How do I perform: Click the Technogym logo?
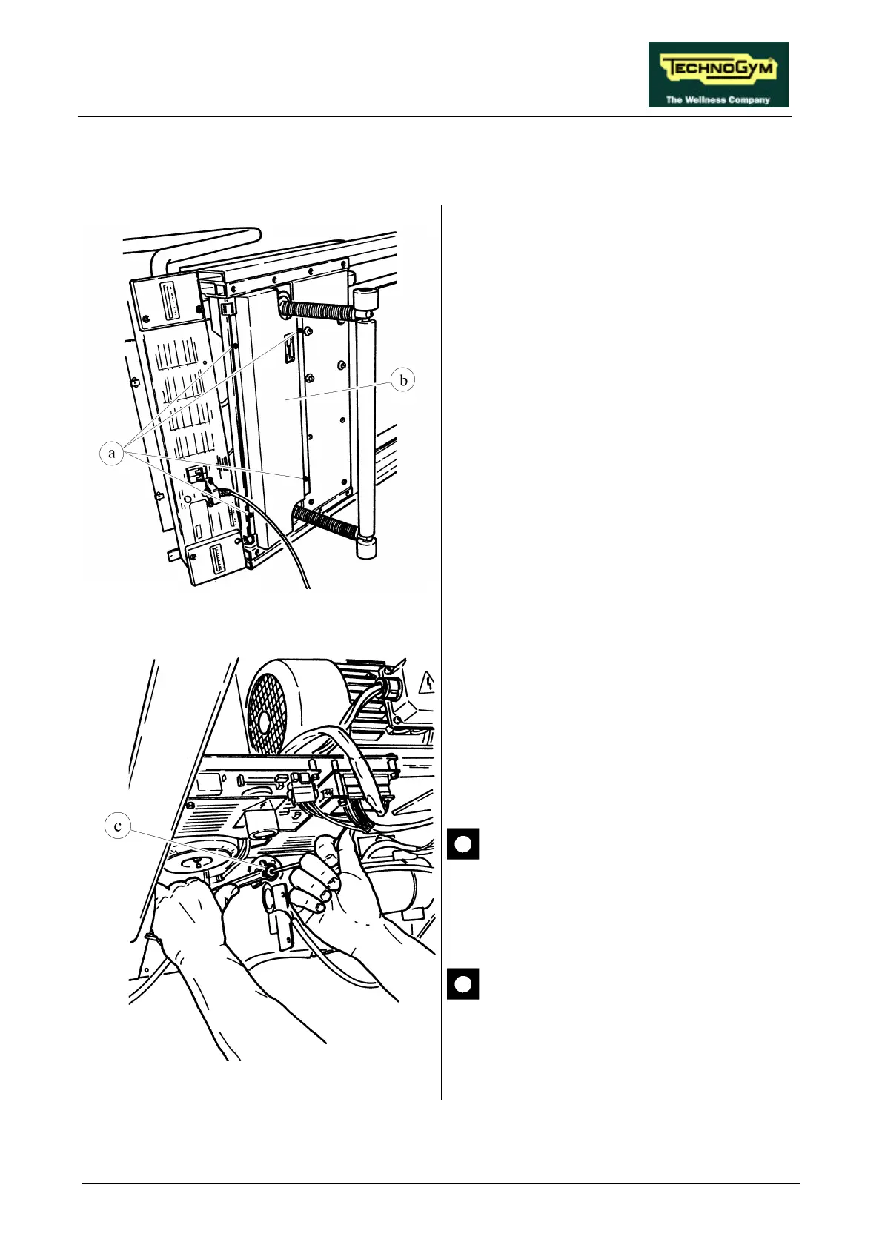click(717, 74)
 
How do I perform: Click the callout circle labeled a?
click(112, 453)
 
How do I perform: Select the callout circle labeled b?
click(403, 380)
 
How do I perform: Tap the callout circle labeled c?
click(118, 826)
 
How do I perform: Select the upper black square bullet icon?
click(462, 843)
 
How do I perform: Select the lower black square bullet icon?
click(462, 983)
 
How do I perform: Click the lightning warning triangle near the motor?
click(428, 681)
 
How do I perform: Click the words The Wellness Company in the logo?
click(717, 99)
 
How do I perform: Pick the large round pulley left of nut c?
click(194, 865)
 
